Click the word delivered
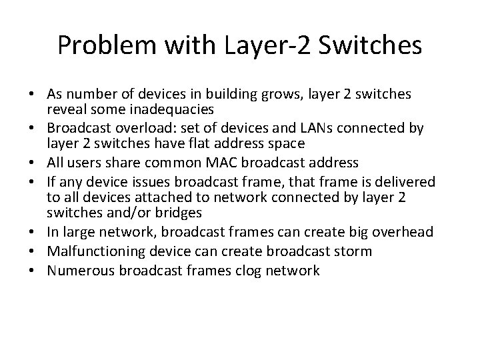401,183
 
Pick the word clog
264,270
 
